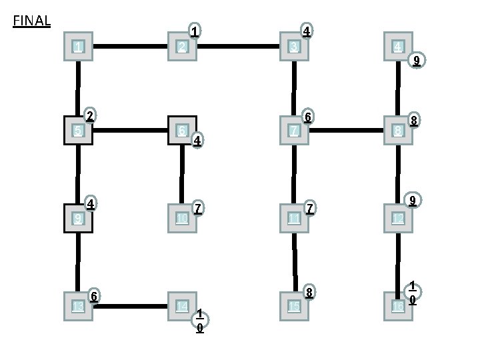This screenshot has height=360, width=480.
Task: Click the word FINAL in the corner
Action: point(32,21)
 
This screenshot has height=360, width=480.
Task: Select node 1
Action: point(79,47)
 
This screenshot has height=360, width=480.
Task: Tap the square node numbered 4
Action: point(398,47)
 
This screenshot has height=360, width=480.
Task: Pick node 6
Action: point(182,131)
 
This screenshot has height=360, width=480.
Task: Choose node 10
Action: point(182,218)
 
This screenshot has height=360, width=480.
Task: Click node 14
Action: point(182,306)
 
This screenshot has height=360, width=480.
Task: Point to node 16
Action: point(398,306)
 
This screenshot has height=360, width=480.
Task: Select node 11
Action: point(294,218)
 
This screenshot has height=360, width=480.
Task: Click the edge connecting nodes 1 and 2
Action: point(130,47)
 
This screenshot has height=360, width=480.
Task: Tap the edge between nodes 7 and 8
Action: point(346,130)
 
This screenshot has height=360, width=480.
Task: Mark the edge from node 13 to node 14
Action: point(130,306)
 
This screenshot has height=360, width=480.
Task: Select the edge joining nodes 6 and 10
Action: point(182,174)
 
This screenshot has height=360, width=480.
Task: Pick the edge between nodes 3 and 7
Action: point(294,88)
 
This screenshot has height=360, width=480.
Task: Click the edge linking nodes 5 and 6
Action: point(130,130)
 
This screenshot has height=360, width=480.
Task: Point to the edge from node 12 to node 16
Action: point(398,262)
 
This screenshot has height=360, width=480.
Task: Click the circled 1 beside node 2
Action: point(195,31)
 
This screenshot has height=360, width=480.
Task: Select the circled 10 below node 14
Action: point(200,321)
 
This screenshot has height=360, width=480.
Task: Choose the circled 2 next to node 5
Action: point(89,115)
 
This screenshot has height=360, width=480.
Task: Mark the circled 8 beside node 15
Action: point(309,293)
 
